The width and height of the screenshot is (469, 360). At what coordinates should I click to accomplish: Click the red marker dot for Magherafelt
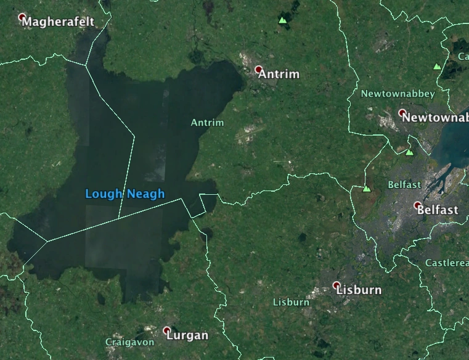click(x=23, y=17)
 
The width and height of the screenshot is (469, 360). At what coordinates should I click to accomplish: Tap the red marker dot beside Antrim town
click(x=259, y=70)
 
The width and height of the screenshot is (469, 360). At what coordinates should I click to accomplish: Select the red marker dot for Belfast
click(x=417, y=205)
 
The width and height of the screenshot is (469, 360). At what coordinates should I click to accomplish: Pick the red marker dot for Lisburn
click(x=336, y=285)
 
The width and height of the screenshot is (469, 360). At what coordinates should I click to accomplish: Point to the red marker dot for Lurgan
click(x=166, y=331)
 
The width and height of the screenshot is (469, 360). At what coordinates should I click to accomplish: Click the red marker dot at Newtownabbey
click(x=402, y=113)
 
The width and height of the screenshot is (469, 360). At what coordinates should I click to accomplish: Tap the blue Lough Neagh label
click(x=125, y=194)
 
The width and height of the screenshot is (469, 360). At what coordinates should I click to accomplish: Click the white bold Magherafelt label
click(x=59, y=22)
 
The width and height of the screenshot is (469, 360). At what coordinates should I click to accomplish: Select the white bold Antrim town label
click(x=279, y=75)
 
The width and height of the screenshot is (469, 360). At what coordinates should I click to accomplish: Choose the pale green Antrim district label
click(x=207, y=123)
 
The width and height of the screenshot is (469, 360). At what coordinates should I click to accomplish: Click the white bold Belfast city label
click(x=438, y=210)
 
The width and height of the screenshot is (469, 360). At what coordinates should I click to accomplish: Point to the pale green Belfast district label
click(x=404, y=184)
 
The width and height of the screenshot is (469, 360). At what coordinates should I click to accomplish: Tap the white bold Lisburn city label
click(x=359, y=290)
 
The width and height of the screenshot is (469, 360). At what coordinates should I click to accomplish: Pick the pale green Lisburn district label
click(x=291, y=302)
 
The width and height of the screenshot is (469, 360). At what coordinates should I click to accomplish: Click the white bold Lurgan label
click(x=189, y=336)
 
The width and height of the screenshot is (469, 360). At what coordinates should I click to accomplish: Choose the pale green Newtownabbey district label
click(x=398, y=94)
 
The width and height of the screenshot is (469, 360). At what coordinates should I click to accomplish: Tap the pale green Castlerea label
click(x=447, y=263)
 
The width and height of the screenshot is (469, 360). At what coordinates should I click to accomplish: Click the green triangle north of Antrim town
click(x=283, y=20)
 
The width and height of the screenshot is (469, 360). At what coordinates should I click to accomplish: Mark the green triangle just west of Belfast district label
click(x=367, y=189)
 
